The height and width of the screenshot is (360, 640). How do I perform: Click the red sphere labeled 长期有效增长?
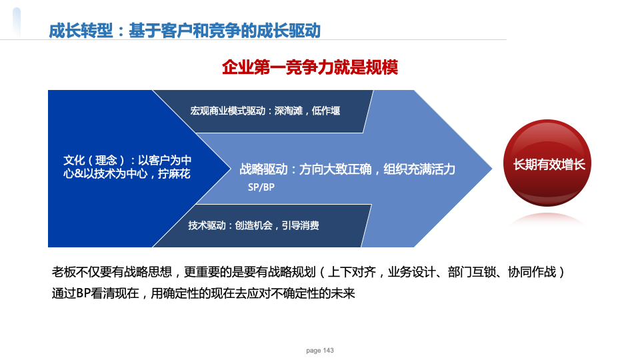pos(547,163)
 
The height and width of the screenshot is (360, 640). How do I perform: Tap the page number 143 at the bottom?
pos(329,350)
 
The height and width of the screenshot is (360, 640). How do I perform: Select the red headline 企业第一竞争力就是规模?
pos(310,67)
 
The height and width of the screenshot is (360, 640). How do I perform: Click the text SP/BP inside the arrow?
pos(261,187)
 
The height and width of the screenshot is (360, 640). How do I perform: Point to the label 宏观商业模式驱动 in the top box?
pos(227,111)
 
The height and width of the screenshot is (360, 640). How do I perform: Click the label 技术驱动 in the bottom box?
pos(207,225)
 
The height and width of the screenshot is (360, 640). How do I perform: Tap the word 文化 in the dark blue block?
pos(74,160)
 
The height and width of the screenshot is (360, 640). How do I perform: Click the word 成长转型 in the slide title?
pos(81,31)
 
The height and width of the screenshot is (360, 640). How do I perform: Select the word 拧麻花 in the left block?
pos(174,173)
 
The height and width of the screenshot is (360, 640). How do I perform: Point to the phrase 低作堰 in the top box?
pos(326,111)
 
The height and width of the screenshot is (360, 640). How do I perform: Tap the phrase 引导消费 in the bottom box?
pos(300,225)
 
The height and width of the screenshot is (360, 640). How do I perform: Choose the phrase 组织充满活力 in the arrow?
pos(419,169)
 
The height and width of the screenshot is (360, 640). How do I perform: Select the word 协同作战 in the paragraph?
pos(532,272)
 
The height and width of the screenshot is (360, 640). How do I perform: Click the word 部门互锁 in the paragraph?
pos(471,272)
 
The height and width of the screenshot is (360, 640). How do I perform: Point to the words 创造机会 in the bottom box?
pos(253,225)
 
